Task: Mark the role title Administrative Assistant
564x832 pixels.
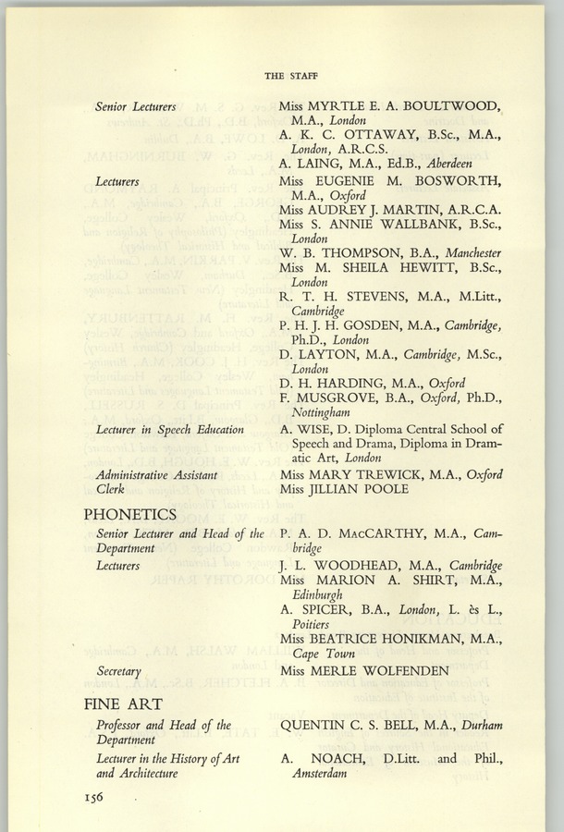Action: [x=157, y=475]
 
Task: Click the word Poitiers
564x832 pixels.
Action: [x=311, y=624]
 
